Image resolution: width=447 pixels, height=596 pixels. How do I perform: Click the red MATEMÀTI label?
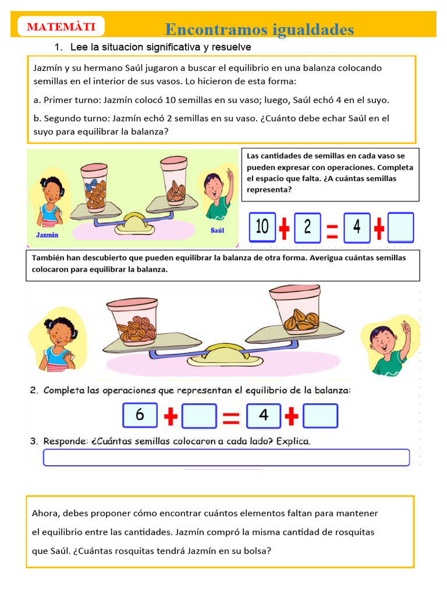61,27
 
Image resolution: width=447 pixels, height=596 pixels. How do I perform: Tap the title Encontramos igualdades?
259,29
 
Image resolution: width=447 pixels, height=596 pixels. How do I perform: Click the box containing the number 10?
262,227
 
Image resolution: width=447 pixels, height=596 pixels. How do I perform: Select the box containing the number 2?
307,227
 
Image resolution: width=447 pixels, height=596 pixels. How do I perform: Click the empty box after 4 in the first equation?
400,227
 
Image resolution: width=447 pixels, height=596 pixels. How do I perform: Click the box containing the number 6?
140,416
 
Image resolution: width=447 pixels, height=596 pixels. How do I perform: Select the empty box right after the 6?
199,416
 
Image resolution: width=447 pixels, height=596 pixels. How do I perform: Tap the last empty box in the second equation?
320,416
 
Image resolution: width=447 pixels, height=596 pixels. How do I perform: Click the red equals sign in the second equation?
231,416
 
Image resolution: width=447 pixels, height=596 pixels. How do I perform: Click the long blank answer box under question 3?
226,457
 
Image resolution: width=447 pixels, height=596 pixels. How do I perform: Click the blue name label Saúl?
217,230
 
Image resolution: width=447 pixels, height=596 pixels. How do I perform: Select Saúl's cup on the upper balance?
174,180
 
